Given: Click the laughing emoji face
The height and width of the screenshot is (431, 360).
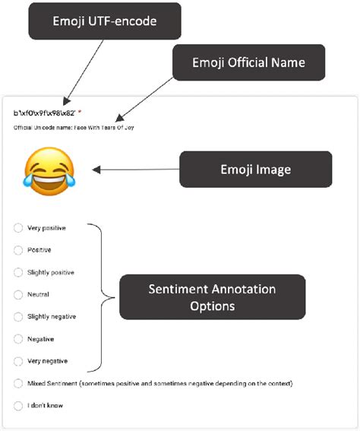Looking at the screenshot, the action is pyautogui.click(x=49, y=170).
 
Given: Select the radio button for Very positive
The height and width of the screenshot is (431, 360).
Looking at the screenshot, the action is pyautogui.click(x=18, y=227).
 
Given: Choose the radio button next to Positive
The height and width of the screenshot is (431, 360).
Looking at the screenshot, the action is pyautogui.click(x=18, y=249).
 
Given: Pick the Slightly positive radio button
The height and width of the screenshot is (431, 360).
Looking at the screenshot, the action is pyautogui.click(x=18, y=272).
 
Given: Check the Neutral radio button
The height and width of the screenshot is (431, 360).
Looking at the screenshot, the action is pyautogui.click(x=18, y=294).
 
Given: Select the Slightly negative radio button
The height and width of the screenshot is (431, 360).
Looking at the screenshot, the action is pyautogui.click(x=18, y=316).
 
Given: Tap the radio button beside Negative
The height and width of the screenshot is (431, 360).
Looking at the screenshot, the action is pyautogui.click(x=18, y=339).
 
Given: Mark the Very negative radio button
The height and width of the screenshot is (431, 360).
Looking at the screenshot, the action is pyautogui.click(x=18, y=361).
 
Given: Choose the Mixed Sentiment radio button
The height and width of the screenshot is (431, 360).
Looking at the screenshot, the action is pyautogui.click(x=18, y=383).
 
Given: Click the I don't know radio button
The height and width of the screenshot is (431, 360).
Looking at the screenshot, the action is pyautogui.click(x=18, y=406).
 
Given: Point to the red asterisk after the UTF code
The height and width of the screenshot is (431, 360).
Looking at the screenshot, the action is pyautogui.click(x=80, y=113).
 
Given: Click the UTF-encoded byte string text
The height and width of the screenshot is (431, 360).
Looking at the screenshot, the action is pyautogui.click(x=44, y=113).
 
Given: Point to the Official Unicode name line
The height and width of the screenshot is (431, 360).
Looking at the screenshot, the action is pyautogui.click(x=74, y=127).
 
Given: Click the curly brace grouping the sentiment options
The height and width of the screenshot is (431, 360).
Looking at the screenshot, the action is pyautogui.click(x=99, y=296).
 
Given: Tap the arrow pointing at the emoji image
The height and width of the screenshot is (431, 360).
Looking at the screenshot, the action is pyautogui.click(x=133, y=170).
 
